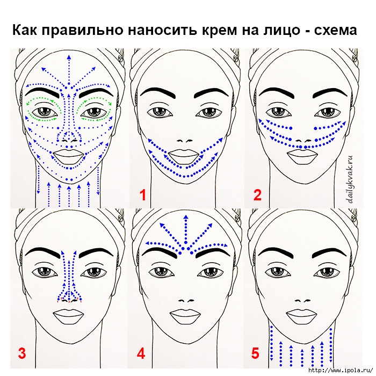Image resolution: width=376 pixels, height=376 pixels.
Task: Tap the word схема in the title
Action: pos(336,31)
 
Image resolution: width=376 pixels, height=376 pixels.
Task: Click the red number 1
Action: pos(143,194)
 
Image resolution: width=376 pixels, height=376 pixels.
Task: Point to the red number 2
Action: pos(257,194)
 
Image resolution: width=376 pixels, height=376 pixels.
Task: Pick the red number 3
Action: pos(22,353)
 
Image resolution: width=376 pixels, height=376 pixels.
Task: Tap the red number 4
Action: pos(141,353)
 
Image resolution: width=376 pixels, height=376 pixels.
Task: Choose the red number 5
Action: pos(255,353)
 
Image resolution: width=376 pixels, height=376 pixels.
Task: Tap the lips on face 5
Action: pos(302,317)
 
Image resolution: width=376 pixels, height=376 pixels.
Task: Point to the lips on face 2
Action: pos(302,156)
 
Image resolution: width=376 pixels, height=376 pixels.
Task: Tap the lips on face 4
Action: pos(186,317)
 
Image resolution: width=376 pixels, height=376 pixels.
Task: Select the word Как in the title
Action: pos(25,31)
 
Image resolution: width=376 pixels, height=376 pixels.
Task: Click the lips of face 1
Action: pos(185,156)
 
